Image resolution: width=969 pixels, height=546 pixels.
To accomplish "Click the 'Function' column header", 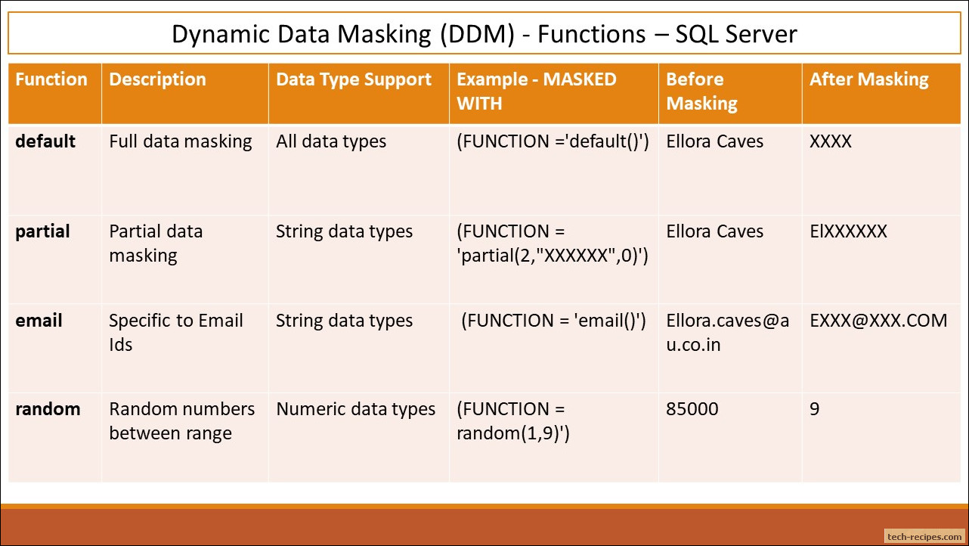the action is pos(51,79).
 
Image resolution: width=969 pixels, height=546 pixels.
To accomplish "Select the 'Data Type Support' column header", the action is pos(354,80).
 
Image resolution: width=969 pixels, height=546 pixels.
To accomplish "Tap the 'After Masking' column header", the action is pos(868,80).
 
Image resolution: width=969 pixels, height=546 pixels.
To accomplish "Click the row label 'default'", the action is pos(45,141).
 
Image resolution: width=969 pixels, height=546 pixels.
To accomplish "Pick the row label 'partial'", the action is pos(42,231).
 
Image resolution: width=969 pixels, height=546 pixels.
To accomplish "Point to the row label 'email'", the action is pos(39,321).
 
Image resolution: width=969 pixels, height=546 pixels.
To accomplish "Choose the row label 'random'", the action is pos(48,409).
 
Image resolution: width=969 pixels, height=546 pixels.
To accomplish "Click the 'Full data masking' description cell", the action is pos(181,142).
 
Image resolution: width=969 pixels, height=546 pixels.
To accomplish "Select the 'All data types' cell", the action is pos(331,142).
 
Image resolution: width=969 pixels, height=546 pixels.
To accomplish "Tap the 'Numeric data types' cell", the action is pos(355,409).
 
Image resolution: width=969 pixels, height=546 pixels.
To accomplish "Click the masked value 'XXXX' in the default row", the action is pos(830,141).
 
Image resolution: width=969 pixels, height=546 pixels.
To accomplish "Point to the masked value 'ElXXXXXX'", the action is pos(848,231).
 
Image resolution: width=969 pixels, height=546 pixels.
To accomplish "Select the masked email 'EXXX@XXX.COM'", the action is pos(878,321).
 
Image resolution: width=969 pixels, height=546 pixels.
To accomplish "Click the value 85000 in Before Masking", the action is pos(692,409).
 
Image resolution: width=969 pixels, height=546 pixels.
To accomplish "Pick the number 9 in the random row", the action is pos(814,409).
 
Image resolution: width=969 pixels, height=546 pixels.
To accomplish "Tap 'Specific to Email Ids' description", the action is pos(175,333).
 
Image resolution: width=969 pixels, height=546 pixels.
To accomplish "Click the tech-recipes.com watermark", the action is pos(924,536).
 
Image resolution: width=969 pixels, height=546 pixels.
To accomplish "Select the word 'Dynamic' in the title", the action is pos(220,34).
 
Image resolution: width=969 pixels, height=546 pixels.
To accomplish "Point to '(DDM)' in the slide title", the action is pos(477,34).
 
